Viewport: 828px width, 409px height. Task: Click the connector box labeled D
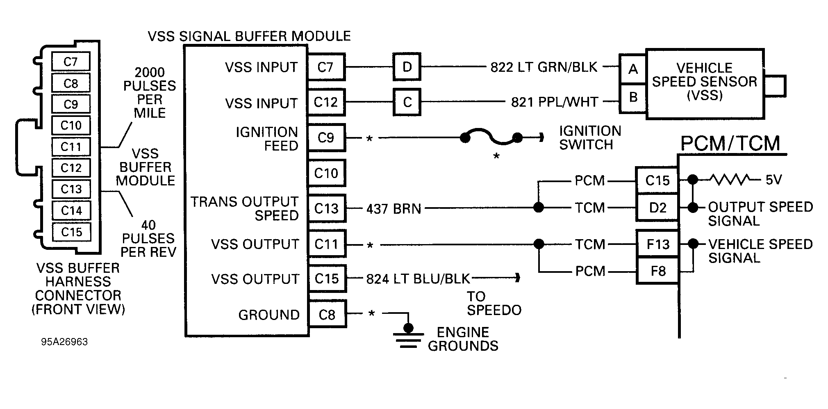tap(407, 66)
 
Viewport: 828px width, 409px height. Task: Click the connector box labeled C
tap(407, 102)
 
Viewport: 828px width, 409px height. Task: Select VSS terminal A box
tap(633, 69)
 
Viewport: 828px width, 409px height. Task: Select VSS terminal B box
tap(633, 98)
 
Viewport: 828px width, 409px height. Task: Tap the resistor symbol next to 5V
tap(730, 179)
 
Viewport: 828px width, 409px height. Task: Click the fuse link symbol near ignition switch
tap(491, 138)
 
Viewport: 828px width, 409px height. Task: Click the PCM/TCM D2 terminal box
tap(657, 208)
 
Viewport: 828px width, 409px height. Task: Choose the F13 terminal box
tap(657, 244)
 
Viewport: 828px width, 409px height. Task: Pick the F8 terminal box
tap(657, 271)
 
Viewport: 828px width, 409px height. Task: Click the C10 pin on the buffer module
tap(326, 173)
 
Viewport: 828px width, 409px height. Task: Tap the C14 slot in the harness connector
tap(71, 210)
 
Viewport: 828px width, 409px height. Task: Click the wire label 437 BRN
tap(394, 209)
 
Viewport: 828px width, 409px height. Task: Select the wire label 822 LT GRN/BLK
tap(544, 67)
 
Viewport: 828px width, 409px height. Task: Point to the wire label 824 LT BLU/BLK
tap(417, 279)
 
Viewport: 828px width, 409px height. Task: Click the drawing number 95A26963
tap(64, 342)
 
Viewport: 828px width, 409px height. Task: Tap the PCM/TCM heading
tap(730, 144)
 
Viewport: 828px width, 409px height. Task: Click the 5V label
tap(773, 180)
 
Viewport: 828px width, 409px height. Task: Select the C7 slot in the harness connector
tap(71, 62)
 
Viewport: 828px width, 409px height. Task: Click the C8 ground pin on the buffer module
tap(327, 315)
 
